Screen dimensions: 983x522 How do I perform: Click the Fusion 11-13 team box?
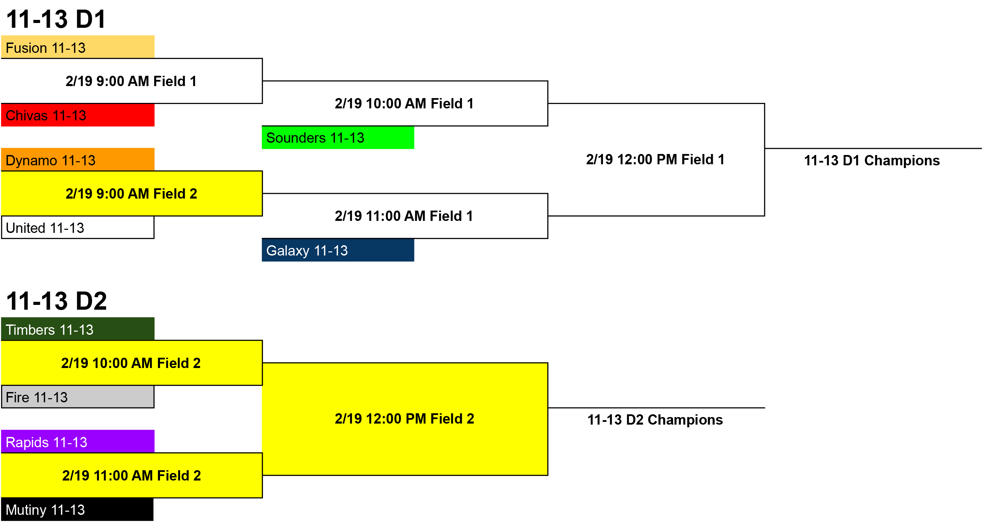tap(78, 47)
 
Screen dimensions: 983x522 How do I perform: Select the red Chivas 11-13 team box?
tap(78, 115)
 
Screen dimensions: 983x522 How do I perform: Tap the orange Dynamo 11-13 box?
tap(78, 159)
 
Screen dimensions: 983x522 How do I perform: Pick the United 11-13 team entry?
tap(78, 227)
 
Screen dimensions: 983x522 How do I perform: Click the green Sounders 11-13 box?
tap(338, 137)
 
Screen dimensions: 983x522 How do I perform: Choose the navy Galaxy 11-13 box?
tap(338, 250)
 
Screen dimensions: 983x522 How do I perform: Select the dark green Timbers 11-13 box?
tap(78, 329)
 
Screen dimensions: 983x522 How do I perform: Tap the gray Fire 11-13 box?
tap(78, 396)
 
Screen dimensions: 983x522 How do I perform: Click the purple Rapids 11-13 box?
tap(78, 441)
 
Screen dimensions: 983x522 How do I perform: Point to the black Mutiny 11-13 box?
tap(78, 509)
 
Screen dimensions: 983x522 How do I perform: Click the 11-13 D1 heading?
tap(56, 19)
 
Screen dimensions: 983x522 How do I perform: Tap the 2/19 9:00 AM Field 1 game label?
tap(131, 81)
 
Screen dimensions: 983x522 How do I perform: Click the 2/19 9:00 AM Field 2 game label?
tap(131, 194)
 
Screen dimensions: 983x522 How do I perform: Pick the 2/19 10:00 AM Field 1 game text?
tap(404, 103)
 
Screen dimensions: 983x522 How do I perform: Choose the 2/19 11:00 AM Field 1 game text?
tap(404, 216)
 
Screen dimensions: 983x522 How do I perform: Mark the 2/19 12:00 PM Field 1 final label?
tap(655, 159)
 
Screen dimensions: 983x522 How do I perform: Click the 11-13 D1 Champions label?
tap(872, 161)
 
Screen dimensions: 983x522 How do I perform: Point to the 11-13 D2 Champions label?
tap(655, 420)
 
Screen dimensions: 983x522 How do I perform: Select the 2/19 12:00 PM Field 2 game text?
tap(404, 419)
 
